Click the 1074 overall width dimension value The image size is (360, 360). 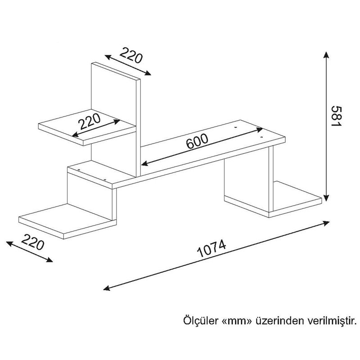[211, 248]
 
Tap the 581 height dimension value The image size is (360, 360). [337, 116]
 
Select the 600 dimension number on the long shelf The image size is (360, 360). [197, 141]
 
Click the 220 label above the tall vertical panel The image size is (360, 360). [131, 55]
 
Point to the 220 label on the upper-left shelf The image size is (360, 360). [90, 121]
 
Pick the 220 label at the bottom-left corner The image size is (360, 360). [32, 242]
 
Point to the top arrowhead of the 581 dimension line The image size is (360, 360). [326, 54]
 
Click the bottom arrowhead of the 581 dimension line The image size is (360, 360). [326, 197]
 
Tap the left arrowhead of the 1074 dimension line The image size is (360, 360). [107, 288]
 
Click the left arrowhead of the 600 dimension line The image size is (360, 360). [144, 163]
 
